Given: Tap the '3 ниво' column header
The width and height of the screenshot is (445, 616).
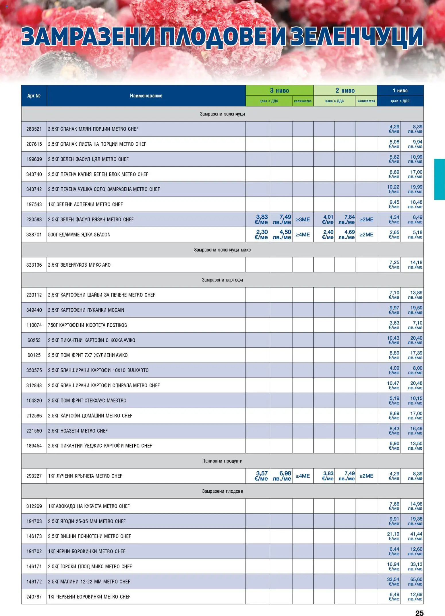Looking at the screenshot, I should tap(279, 91).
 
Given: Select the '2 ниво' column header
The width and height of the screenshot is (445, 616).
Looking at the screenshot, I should tap(345, 91).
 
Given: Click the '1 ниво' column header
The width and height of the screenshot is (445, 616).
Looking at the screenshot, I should tap(400, 91).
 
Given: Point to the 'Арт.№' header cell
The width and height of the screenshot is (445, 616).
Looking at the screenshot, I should tap(34, 96).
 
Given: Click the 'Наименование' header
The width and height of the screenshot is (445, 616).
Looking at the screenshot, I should tap(146, 96).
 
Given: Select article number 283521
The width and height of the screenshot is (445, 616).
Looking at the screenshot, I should tap(34, 129).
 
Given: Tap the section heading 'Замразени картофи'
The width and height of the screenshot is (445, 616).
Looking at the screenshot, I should tap(222, 280).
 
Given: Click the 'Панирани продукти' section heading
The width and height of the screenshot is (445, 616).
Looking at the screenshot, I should tap(222, 461).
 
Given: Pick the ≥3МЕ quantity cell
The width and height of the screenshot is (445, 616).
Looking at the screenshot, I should tap(303, 220).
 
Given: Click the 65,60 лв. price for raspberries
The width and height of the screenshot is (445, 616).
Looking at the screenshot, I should tap(415, 582).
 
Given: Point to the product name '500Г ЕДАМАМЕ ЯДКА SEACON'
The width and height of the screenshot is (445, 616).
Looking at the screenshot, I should tap(79, 235).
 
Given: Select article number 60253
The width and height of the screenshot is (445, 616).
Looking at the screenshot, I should tap(34, 340).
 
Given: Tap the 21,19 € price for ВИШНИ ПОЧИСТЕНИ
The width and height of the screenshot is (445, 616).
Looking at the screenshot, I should tap(393, 536).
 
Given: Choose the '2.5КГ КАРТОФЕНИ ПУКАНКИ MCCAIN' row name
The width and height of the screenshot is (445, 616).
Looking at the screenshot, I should tap(86, 310).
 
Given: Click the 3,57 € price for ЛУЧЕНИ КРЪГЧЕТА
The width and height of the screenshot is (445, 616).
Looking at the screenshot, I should tap(261, 476).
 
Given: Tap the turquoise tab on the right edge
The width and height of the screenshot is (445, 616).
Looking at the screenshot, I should tap(440, 179).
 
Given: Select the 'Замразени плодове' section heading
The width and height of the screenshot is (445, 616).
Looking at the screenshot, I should tap(222, 491).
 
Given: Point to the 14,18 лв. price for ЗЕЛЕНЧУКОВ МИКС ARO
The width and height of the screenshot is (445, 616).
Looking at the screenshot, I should tap(415, 265).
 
